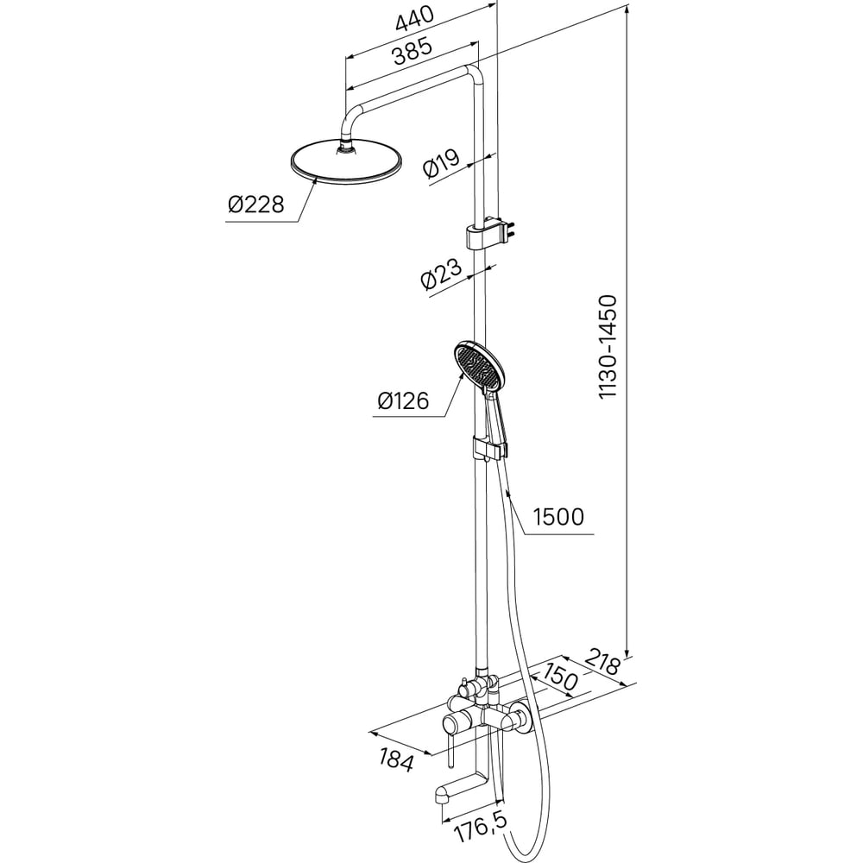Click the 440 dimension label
(415, 21)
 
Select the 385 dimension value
(413, 51)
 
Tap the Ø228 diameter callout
(256, 205)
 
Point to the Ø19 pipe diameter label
(441, 163)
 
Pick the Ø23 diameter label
(441, 274)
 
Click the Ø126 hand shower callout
(403, 400)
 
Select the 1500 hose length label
(558, 517)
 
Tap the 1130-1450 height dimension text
(608, 347)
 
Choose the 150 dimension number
(561, 677)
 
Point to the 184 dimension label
(396, 760)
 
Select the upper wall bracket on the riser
(490, 233)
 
